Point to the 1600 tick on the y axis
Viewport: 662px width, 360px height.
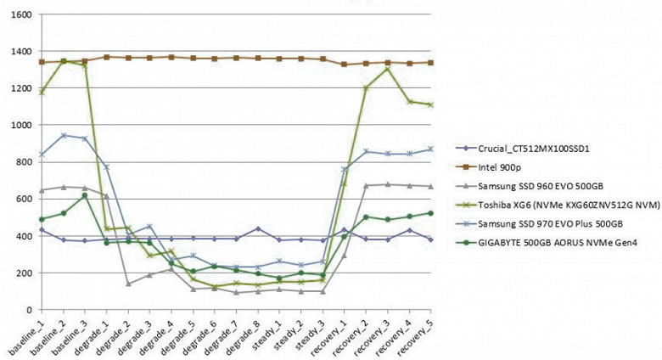click(21, 15)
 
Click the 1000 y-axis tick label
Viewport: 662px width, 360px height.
click(21, 126)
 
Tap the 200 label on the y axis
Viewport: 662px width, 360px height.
click(25, 273)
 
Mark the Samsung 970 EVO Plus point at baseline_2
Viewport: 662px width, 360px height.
click(64, 135)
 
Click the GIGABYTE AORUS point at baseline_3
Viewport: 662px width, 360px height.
click(86, 195)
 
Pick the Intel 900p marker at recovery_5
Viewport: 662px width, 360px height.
click(432, 63)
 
